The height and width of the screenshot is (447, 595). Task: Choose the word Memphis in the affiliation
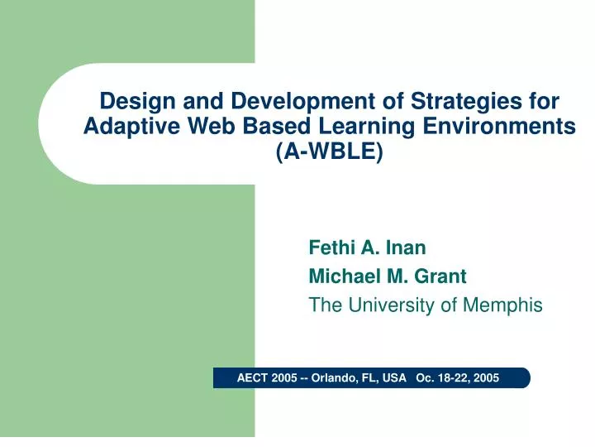(502, 305)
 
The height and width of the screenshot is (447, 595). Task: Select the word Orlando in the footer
(337, 378)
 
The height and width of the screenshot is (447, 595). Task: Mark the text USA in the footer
(393, 378)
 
